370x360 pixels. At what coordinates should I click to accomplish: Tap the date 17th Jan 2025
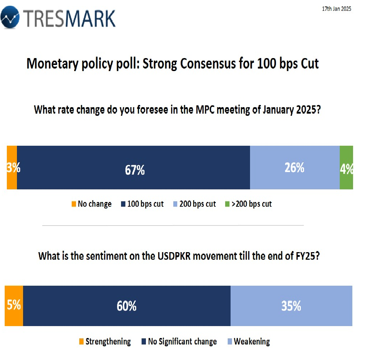(336, 9)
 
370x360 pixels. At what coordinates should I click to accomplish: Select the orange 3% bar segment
(12, 167)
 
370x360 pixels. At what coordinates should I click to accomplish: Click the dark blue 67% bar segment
(133, 167)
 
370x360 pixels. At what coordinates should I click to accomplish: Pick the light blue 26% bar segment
(294, 167)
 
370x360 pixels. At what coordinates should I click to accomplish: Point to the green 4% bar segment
(346, 167)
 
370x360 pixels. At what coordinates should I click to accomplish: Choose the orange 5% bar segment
(14, 306)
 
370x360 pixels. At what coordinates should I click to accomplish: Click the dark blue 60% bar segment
(126, 306)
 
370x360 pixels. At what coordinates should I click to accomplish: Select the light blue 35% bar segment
(291, 306)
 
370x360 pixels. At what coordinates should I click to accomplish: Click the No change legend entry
(92, 204)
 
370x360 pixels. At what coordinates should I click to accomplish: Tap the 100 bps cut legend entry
(142, 204)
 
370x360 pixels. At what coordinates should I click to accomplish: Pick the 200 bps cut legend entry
(195, 204)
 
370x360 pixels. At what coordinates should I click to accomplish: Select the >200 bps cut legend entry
(248, 204)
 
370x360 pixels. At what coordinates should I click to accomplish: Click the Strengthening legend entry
(105, 342)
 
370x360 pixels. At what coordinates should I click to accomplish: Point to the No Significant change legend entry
(179, 342)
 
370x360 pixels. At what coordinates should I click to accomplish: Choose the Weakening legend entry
(248, 342)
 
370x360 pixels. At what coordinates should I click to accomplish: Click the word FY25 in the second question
(306, 256)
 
